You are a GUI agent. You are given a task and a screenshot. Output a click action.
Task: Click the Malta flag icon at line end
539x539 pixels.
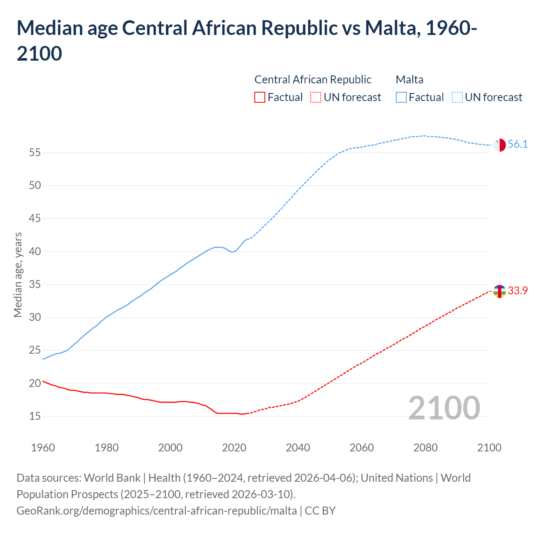499,144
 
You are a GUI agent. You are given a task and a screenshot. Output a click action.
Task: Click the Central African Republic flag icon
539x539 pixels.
499,291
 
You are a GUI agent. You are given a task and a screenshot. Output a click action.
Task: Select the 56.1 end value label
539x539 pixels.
518,144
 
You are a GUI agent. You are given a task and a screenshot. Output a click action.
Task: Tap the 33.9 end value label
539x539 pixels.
518,291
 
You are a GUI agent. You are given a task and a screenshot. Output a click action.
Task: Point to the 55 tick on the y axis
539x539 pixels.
35,152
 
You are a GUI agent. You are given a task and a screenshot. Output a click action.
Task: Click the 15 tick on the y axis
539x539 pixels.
35,416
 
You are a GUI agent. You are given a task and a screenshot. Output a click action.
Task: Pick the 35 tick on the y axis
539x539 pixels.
35,284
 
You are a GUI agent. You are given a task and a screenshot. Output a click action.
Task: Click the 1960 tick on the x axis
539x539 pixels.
43,447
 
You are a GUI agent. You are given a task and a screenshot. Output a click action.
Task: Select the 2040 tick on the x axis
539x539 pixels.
298,447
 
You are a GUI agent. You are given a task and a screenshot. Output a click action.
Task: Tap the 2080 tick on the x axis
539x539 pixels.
425,447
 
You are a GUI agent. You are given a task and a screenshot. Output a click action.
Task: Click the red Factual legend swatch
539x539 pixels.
260,97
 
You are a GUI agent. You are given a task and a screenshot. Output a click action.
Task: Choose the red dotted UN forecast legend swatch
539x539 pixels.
316,97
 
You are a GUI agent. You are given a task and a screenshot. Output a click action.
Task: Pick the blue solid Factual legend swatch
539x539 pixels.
401,97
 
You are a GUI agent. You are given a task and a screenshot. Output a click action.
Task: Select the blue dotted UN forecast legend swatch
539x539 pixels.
457,97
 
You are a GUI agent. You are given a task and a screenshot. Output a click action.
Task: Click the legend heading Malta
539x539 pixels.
410,80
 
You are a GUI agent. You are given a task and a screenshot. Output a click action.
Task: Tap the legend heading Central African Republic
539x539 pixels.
313,80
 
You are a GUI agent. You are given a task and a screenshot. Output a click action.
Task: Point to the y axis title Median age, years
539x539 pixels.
18,275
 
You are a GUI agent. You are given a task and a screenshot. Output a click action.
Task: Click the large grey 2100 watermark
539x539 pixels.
444,408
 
